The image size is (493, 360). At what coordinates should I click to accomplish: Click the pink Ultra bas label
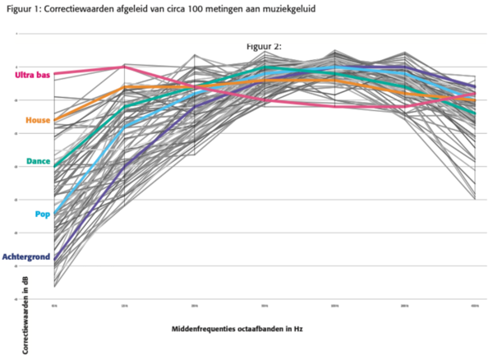[32, 76]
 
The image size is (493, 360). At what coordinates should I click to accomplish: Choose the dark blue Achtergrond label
[26, 256]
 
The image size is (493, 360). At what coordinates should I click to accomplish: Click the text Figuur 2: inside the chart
[264, 47]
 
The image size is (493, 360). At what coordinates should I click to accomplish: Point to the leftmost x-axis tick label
[54, 306]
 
